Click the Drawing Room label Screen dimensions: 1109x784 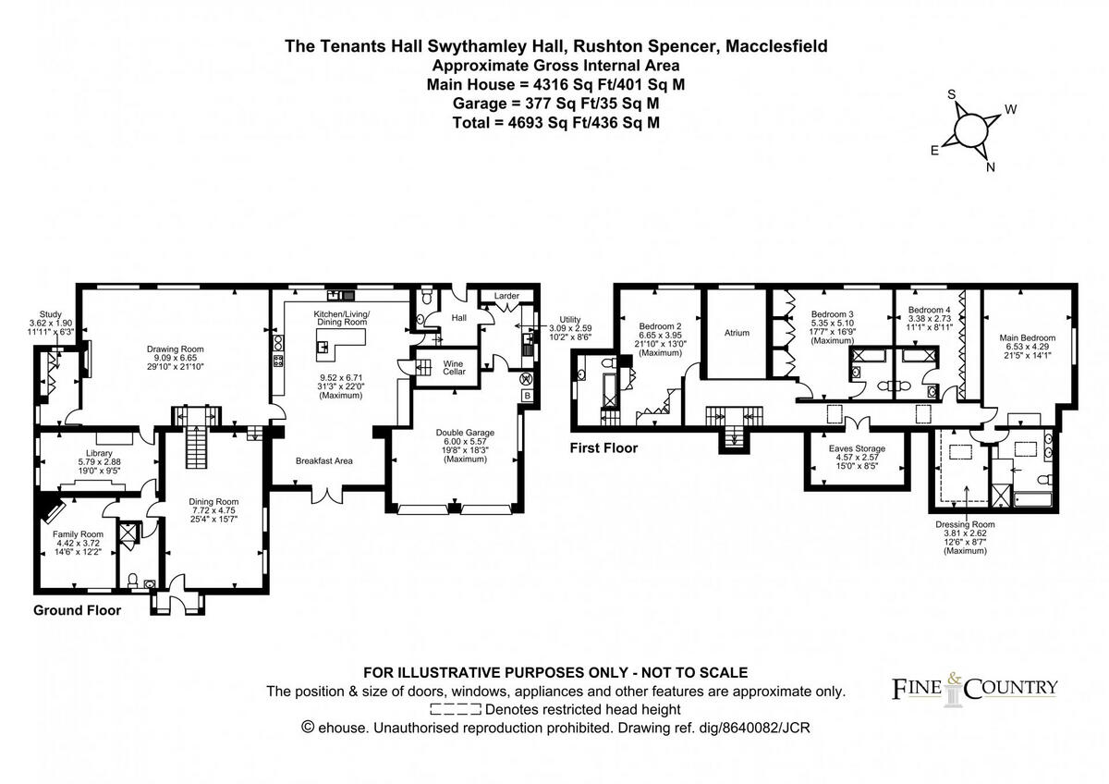(x=175, y=349)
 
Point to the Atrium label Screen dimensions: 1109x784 (x=737, y=333)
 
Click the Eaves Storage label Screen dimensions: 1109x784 (x=857, y=448)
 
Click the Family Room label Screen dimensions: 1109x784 (x=78, y=534)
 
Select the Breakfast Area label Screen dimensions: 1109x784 (x=323, y=460)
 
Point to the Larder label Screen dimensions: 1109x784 (x=506, y=296)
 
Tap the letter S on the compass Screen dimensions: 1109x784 (x=952, y=94)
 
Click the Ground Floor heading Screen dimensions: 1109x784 (x=77, y=610)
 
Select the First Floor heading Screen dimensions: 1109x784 (x=603, y=448)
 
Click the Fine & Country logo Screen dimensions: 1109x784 (x=974, y=690)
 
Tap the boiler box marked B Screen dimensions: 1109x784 (x=528, y=396)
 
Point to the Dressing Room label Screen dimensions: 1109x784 (x=965, y=524)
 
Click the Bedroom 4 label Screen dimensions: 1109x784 (x=929, y=310)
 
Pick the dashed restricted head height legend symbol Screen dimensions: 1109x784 (x=456, y=710)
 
